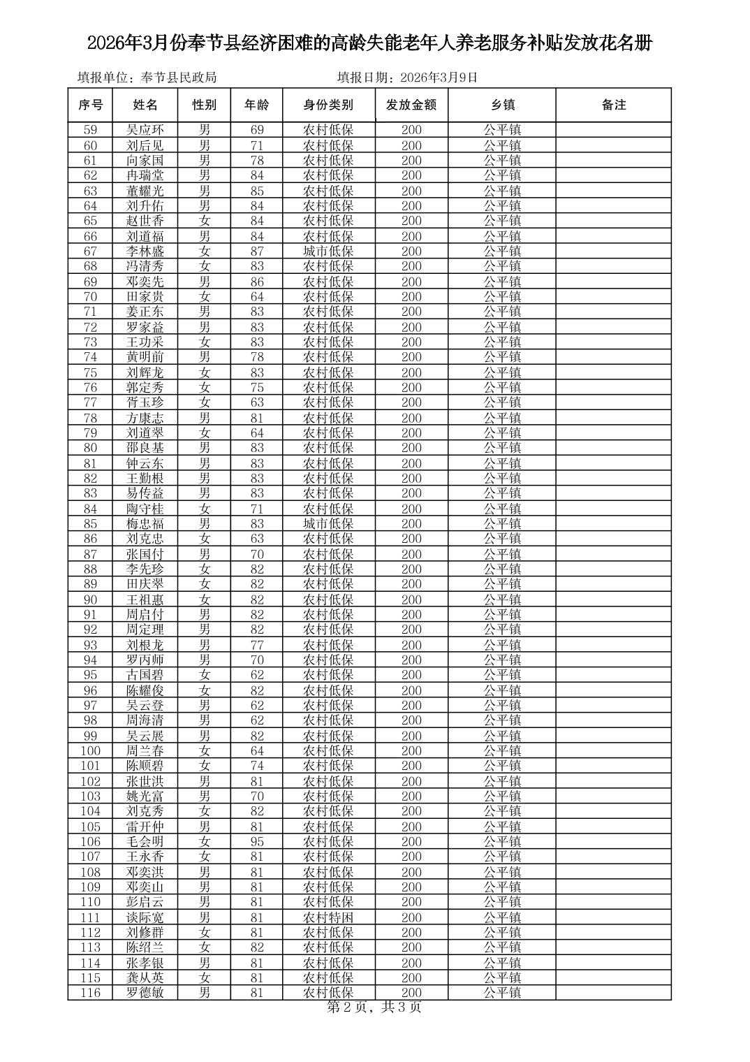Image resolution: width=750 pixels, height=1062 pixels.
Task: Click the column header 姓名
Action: [x=145, y=105]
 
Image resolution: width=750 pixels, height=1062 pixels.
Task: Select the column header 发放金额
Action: [x=411, y=105]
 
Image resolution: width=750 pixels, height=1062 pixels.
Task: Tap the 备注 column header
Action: [x=613, y=105]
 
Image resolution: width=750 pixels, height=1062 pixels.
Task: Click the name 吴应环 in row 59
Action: [x=145, y=130]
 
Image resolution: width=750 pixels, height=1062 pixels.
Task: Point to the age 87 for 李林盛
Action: [x=257, y=251]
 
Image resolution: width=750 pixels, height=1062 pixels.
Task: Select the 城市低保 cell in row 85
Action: [x=328, y=523]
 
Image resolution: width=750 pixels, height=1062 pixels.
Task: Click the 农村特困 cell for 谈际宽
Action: [x=328, y=917]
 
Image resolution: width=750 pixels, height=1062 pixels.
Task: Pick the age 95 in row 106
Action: [x=257, y=841]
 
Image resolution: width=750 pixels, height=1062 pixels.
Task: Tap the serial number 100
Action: [x=91, y=750]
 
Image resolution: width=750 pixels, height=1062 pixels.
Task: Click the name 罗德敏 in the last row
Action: [x=145, y=993]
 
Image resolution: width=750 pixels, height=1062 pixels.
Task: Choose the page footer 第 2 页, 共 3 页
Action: [x=374, y=1007]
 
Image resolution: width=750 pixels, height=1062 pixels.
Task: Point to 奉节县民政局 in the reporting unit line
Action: [x=178, y=78]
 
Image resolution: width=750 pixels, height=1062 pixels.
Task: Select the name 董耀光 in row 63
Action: [x=145, y=191]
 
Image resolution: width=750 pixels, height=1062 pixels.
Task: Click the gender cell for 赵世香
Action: [x=205, y=221]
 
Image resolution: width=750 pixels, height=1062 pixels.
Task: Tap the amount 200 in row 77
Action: [x=411, y=402]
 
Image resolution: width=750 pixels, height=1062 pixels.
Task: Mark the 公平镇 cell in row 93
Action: [x=502, y=645]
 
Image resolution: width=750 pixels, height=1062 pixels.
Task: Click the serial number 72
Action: [x=91, y=327]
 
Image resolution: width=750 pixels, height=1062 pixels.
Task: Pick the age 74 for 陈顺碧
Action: [x=257, y=766]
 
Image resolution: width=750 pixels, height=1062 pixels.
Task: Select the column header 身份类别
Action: [x=328, y=105]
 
